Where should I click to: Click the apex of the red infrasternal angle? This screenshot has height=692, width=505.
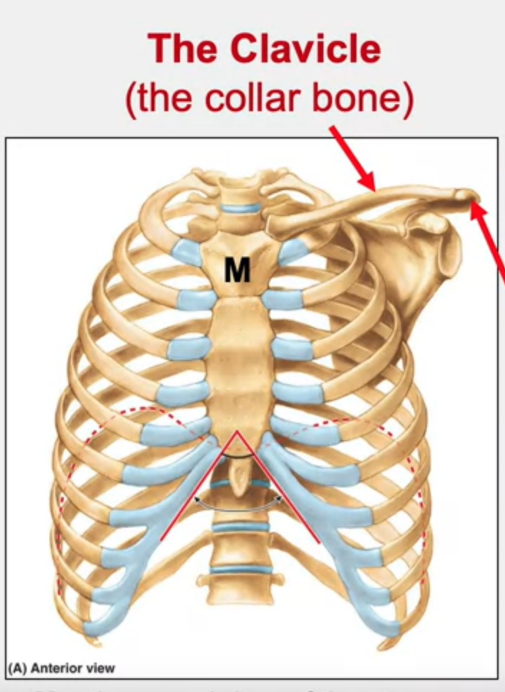click(x=237, y=432)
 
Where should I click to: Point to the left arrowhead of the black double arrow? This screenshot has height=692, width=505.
click(x=195, y=496)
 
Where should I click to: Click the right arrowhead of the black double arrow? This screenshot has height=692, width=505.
click(x=280, y=496)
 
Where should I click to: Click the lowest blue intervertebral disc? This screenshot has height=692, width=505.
click(x=237, y=571)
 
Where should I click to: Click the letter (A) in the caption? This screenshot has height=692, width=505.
click(x=18, y=668)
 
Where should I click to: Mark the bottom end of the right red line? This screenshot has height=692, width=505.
click(x=314, y=539)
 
